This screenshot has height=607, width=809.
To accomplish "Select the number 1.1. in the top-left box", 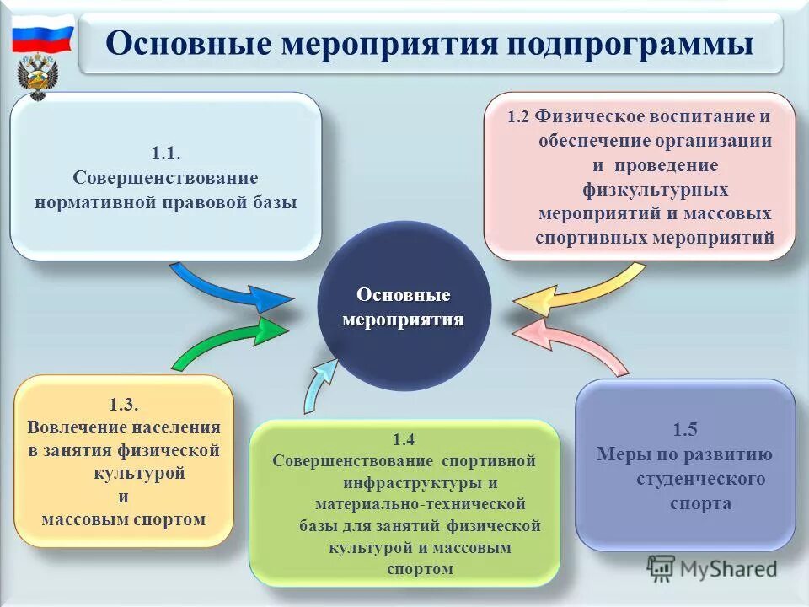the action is coord(166,153).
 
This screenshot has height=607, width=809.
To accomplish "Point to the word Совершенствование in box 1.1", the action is coord(165,178).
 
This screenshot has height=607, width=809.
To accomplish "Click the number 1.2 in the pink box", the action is coord(519,118).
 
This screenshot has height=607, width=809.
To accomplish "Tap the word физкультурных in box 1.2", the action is coord(656,190).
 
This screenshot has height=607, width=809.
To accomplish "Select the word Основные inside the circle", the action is coord(403,295).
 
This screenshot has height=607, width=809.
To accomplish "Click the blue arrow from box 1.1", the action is coord(228,287).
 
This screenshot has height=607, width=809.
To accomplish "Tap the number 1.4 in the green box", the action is coord(404,439).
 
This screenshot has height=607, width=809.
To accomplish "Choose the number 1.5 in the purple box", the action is coord(685,430).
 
